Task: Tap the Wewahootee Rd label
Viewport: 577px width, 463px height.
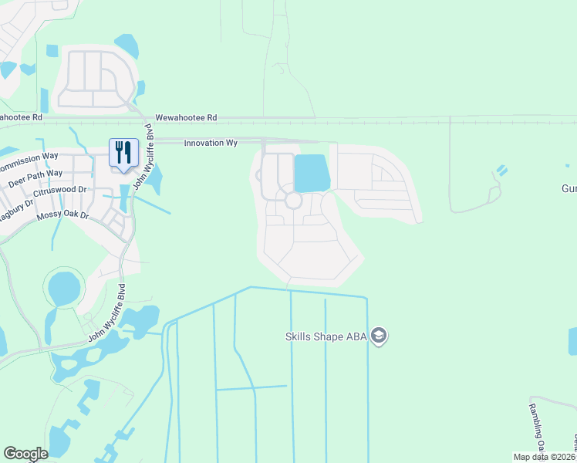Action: click(186, 118)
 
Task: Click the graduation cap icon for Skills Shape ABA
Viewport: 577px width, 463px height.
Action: click(378, 336)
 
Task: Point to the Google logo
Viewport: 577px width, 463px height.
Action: click(25, 454)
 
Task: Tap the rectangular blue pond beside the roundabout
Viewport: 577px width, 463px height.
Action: click(311, 173)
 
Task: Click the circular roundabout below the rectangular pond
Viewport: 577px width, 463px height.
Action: click(293, 201)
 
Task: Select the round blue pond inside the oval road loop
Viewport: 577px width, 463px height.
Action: click(63, 289)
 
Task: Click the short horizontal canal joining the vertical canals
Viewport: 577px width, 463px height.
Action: click(251, 387)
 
